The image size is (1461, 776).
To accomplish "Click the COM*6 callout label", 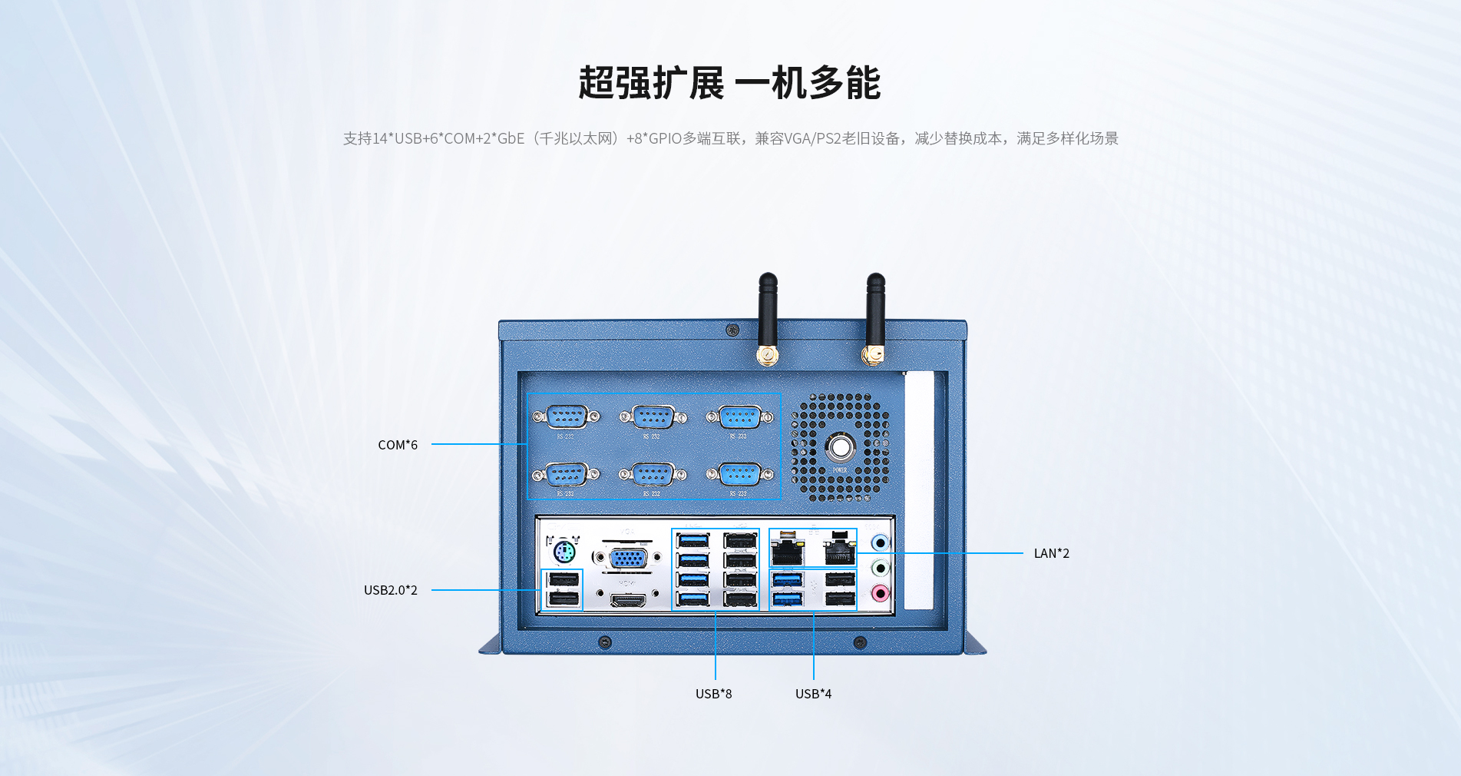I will pyautogui.click(x=398, y=445).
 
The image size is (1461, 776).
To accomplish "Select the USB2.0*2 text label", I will pyautogui.click(x=391, y=590).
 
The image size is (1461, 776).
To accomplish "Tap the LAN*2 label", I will pyautogui.click(x=1051, y=553).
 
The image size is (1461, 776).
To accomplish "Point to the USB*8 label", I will pyautogui.click(x=713, y=694).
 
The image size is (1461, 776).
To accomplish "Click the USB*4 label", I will pyautogui.click(x=813, y=694).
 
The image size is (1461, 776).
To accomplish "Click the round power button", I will pyautogui.click(x=840, y=447).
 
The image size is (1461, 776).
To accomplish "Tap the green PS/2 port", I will pyautogui.click(x=564, y=552).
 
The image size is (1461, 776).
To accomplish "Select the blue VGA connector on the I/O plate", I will pyautogui.click(x=627, y=559).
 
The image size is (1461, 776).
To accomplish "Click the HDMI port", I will pyautogui.click(x=628, y=599).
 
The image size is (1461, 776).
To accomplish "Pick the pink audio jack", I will pyautogui.click(x=881, y=593).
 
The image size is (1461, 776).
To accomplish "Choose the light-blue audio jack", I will pyautogui.click(x=881, y=543).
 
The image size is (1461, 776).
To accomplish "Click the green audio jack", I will pyautogui.click(x=881, y=569).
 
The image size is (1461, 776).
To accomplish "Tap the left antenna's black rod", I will pyautogui.click(x=768, y=307).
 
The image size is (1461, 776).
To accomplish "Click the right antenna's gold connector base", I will pyautogui.click(x=873, y=355).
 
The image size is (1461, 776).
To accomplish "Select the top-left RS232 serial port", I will pyautogui.click(x=567, y=417).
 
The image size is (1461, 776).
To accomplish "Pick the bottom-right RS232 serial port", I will pyautogui.click(x=739, y=474).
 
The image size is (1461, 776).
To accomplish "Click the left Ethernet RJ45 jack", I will pyautogui.click(x=786, y=552).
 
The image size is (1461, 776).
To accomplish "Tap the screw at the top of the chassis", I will pyautogui.click(x=732, y=330).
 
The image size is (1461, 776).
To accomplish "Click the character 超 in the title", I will pyautogui.click(x=597, y=83).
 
